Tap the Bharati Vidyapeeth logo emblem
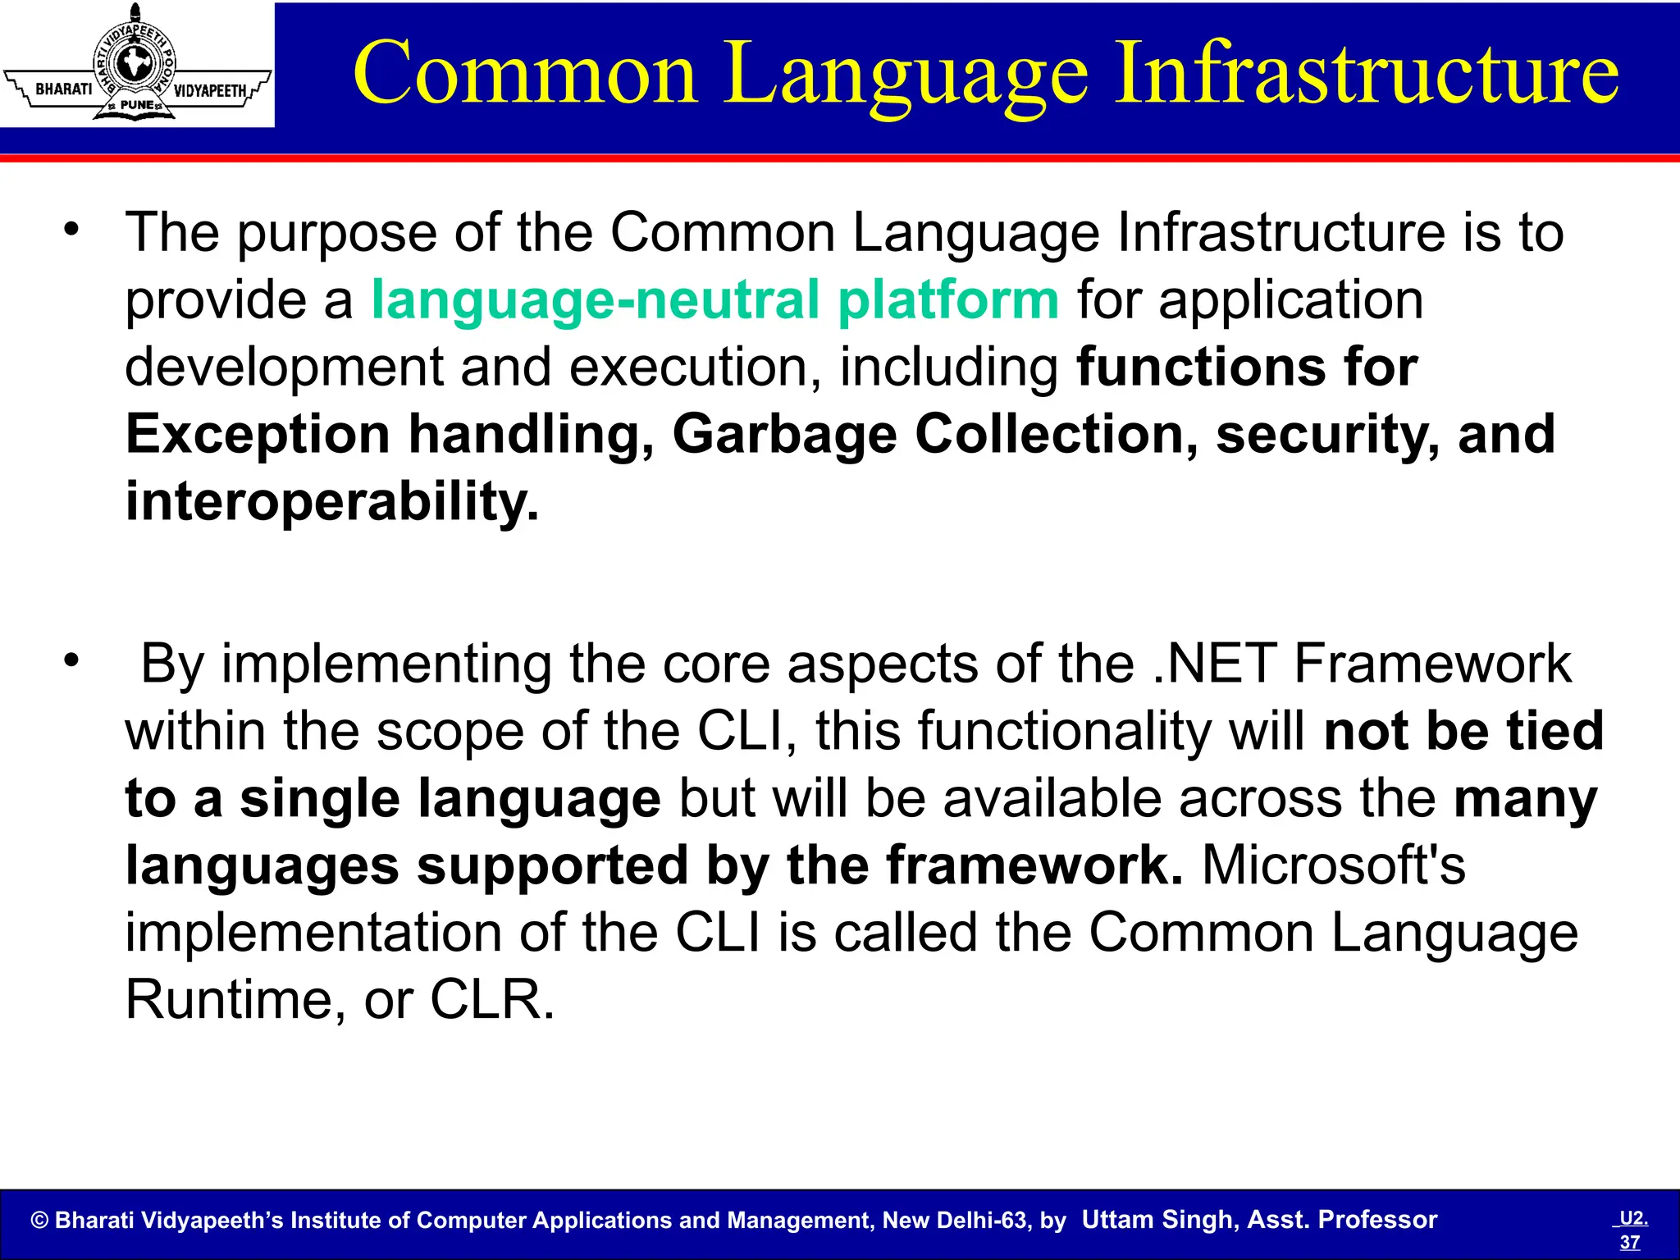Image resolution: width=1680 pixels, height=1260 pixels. click(136, 64)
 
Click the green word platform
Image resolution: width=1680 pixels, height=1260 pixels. click(948, 300)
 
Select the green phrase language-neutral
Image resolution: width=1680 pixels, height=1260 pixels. click(596, 300)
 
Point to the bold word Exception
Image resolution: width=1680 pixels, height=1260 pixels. click(258, 435)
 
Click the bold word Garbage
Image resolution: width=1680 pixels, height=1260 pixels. click(784, 435)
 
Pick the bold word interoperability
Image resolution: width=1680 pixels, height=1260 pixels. click(331, 502)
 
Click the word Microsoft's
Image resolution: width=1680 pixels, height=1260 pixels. click(1333, 865)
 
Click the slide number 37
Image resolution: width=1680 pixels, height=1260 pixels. click(1630, 1242)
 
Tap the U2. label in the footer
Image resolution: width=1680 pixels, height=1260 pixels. click(1633, 1218)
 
